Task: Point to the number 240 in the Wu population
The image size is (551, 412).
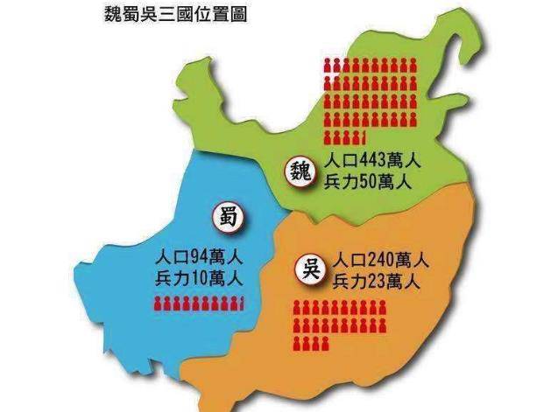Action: (382, 260)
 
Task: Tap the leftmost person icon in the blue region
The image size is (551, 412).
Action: (159, 304)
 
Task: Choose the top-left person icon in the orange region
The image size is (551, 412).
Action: (298, 307)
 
